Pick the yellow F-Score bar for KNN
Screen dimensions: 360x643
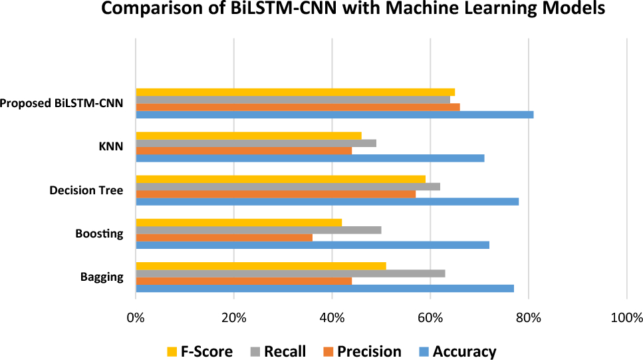[249, 136]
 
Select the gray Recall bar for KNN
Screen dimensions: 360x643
[256, 143]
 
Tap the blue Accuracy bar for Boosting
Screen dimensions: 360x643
[313, 245]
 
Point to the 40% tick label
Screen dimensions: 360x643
[332, 317]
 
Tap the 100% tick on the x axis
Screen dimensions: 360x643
[626, 317]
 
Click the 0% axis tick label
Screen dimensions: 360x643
[136, 317]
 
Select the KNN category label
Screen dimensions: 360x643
[110, 147]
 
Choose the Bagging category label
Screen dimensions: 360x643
[102, 277]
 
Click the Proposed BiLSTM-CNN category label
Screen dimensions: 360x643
[62, 104]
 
